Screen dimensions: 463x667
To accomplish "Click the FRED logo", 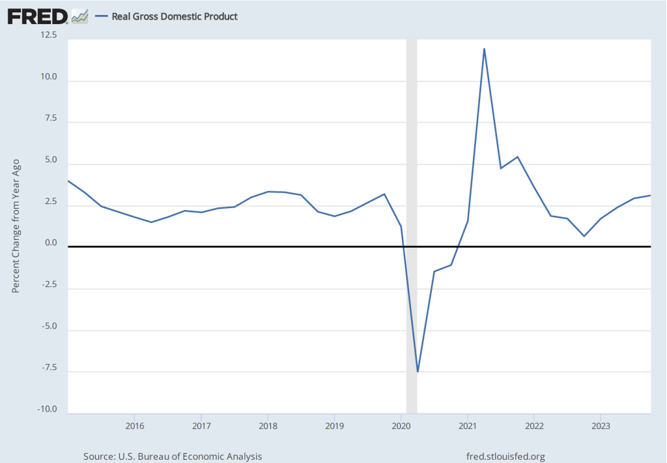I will tap(38, 16).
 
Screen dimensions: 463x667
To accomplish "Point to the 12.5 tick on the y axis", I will tap(49, 35).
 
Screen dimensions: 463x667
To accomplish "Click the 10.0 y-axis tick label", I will tap(49, 77).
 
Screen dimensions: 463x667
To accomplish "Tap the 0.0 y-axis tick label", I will tap(51, 243).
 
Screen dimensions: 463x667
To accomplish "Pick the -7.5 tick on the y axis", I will tap(49, 368).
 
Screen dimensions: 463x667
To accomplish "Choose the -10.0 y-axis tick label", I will tap(47, 410).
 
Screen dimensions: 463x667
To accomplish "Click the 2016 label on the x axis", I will tap(134, 426).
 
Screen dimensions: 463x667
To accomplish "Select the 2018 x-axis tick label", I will tap(268, 426).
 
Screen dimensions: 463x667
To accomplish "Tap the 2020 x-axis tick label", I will tap(401, 426).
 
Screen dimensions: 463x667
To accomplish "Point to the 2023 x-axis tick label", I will tap(601, 426).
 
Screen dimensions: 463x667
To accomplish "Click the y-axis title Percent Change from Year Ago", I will tap(16, 225).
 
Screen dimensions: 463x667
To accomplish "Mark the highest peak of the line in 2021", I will tap(484, 49).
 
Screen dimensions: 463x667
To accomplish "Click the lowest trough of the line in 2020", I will tap(418, 372).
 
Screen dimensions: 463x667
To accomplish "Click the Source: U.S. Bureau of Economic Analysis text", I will tap(173, 456).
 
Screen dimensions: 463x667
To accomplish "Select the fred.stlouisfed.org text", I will tap(505, 456).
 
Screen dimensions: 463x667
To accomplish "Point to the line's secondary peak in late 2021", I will tap(517, 157).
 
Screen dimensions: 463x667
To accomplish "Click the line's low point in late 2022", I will tap(584, 236).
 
